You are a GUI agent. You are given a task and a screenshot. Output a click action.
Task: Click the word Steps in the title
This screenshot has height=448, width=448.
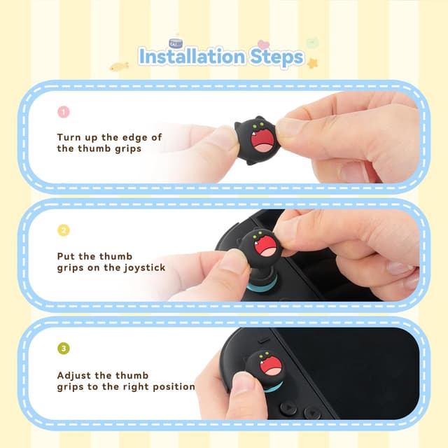[x=276, y=57]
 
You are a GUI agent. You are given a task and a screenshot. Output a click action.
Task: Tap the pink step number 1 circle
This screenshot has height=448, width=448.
[x=64, y=112]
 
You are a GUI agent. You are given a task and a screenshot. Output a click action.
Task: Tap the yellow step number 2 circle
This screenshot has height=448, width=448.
[x=64, y=230]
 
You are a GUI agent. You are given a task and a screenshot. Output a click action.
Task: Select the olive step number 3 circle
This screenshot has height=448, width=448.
[x=64, y=348]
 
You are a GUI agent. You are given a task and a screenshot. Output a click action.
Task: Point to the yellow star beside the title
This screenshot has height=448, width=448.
[x=312, y=63]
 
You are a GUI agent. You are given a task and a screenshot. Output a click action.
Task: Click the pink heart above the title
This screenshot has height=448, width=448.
[x=263, y=45]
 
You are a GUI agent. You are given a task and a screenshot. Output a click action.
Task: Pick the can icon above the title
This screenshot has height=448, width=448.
[x=175, y=43]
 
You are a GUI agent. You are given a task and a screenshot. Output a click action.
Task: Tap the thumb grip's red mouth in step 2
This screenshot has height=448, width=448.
[x=267, y=247]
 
